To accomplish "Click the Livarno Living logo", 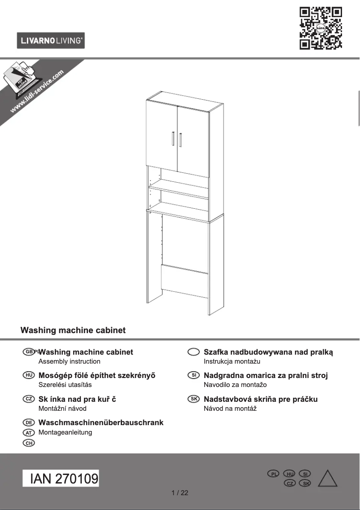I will [x=51, y=41].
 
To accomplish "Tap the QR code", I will [x=320, y=28].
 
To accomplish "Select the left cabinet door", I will [x=162, y=135].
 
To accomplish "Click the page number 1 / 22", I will [x=180, y=492].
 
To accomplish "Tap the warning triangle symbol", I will [x=327, y=479].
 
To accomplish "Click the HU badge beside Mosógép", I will [x=28, y=375].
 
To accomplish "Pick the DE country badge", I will [x=28, y=422].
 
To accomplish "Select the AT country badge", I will [x=28, y=432].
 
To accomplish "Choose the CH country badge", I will [x=28, y=443].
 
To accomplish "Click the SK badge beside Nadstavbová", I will [x=193, y=399].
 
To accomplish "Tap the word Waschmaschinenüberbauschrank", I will [x=101, y=422].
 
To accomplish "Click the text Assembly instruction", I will [x=70, y=361].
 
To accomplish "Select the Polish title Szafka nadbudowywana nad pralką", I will [x=268, y=352].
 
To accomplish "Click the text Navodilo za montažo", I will [x=235, y=385].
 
